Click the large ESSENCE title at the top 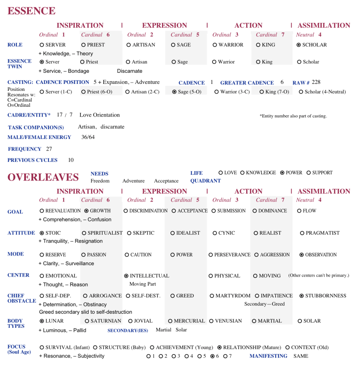tap(31, 11)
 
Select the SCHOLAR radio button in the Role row tap(299, 45)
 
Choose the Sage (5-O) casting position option tap(174, 92)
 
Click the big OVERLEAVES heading tap(43, 177)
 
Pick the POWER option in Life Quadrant tap(282, 173)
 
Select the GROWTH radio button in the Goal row tap(86, 211)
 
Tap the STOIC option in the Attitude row tap(42, 233)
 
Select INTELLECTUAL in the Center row tap(127, 276)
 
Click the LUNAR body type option tap(42, 321)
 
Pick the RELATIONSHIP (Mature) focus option tap(220, 347)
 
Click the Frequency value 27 tap(49, 149)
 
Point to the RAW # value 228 tap(316, 83)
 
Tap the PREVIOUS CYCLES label tap(33, 160)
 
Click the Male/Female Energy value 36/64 tap(88, 137)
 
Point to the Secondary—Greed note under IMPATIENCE tap(264, 304)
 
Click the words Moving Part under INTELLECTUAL tap(142, 284)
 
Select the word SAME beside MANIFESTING tap(301, 356)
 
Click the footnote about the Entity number tap(293, 116)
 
